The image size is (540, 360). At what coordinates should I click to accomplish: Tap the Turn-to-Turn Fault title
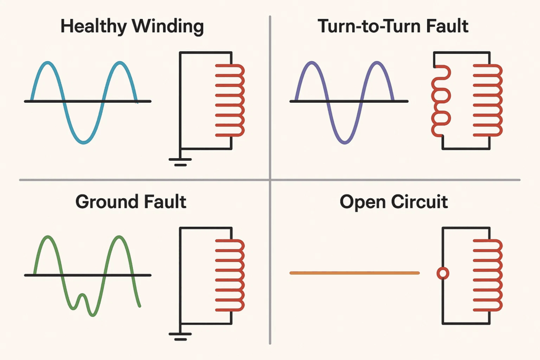(x=393, y=26)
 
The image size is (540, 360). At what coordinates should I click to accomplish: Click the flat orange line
(x=354, y=273)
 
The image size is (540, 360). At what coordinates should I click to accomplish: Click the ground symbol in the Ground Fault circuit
(x=180, y=335)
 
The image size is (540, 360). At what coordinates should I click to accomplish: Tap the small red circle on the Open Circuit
(x=443, y=273)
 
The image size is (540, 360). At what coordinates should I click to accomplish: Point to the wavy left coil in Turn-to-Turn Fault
(x=440, y=100)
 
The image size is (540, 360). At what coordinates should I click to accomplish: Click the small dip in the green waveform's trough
(x=82, y=298)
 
